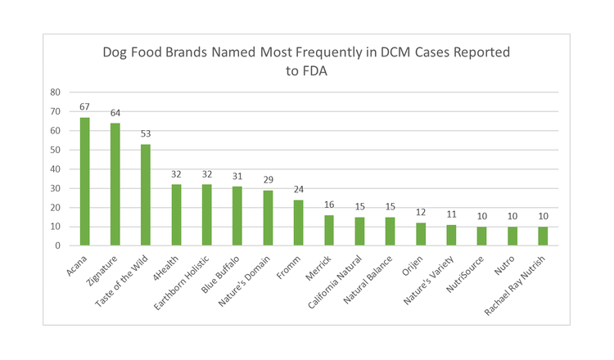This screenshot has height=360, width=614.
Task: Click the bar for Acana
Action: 84,182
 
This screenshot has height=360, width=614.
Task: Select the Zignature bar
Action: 115,184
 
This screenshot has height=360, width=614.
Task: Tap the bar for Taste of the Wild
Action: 146,195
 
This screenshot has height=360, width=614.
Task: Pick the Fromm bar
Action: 299,223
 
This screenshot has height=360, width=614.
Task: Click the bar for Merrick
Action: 329,230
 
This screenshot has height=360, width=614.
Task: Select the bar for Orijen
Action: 421,234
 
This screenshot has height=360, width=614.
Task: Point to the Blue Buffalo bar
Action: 237,216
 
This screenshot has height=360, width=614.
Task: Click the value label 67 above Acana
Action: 84,107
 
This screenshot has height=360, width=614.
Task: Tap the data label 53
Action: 146,134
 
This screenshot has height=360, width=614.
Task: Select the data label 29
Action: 268,180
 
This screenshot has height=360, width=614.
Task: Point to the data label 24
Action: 299,190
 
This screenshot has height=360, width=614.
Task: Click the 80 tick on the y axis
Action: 56,92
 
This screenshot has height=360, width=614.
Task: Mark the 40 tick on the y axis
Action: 56,169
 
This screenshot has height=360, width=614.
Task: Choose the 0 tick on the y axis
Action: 58,245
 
